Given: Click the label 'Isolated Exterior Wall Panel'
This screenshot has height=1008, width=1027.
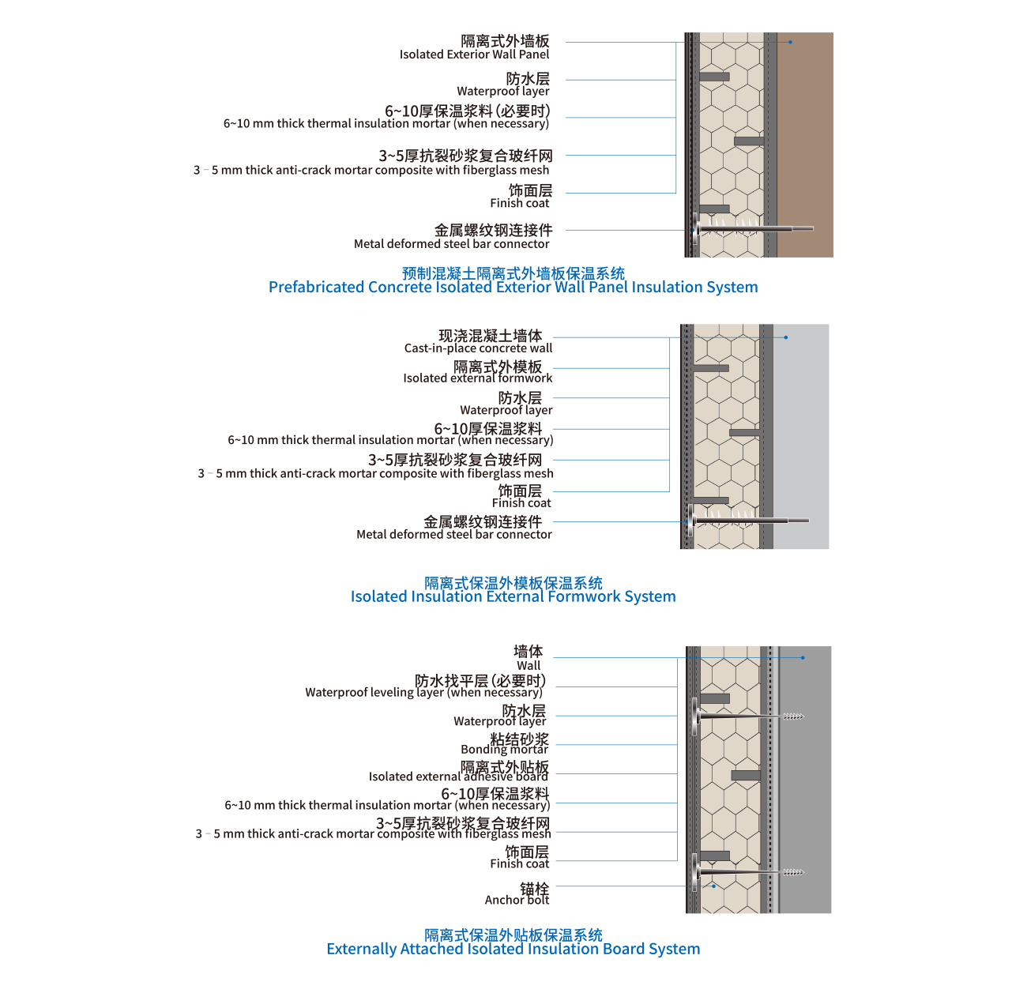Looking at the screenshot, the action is pyautogui.click(x=474, y=55).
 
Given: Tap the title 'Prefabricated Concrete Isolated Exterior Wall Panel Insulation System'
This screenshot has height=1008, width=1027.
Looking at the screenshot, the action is pyautogui.click(x=513, y=288).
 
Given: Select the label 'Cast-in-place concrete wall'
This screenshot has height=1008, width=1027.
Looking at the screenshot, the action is pyautogui.click(x=478, y=348).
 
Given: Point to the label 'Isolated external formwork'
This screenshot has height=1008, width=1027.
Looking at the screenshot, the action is pyautogui.click(x=477, y=378).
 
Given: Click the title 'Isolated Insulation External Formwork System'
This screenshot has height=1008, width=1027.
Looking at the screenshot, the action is pyautogui.click(x=513, y=596).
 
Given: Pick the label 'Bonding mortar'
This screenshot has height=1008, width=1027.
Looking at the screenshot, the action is pyautogui.click(x=504, y=749).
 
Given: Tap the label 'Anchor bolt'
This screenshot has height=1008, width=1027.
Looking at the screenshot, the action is pyautogui.click(x=517, y=900).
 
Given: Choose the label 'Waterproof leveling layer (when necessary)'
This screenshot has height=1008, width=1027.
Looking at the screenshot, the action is pyautogui.click(x=423, y=693).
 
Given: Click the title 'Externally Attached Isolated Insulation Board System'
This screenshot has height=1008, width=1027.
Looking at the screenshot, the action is pyautogui.click(x=513, y=949).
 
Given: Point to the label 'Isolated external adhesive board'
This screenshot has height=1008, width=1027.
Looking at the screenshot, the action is pyautogui.click(x=458, y=776).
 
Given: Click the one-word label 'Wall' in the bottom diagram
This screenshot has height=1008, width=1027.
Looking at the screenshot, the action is pyautogui.click(x=529, y=665).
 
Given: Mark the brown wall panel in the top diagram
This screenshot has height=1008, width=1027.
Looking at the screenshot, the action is pyautogui.click(x=805, y=145).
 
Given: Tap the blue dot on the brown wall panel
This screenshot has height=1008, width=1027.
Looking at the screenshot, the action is pyautogui.click(x=790, y=42).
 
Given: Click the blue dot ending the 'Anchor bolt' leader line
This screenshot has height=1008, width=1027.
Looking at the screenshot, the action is pyautogui.click(x=713, y=886).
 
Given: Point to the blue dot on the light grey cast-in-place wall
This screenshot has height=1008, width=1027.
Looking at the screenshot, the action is pyautogui.click(x=786, y=337).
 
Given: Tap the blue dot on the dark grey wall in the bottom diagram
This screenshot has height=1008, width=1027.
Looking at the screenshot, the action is pyautogui.click(x=803, y=658).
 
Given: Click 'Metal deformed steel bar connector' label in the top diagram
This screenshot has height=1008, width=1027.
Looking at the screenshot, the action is pyautogui.click(x=451, y=244).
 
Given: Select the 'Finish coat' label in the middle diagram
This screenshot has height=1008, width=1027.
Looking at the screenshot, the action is pyautogui.click(x=521, y=503).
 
